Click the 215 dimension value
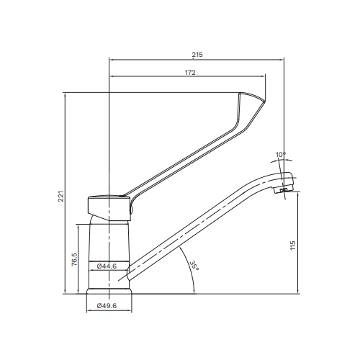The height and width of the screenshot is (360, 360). point(197,54)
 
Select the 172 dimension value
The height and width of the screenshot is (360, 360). point(191,73)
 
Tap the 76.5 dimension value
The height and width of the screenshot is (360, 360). point(74,259)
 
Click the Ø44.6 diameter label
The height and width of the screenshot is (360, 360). point(107,266)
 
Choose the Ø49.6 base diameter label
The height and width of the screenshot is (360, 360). point(107,306)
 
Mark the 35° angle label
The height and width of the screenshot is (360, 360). point(194,266)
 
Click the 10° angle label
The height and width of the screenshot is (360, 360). point(281,153)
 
